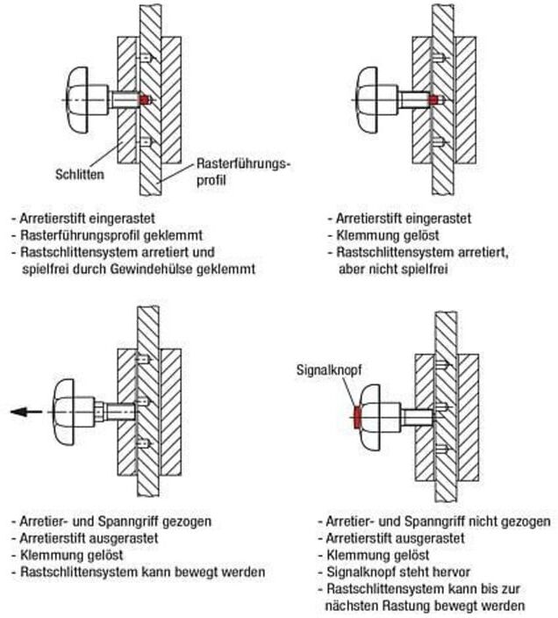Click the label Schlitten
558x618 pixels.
(80, 175)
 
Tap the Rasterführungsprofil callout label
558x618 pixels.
(242, 172)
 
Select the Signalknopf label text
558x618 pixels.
(328, 370)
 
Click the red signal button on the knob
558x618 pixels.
(357, 418)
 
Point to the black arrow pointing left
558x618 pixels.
(26, 412)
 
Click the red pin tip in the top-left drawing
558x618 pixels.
(145, 99)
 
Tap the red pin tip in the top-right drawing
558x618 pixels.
(433, 100)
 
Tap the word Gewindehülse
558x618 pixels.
(151, 269)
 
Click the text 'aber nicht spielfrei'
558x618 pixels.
(393, 269)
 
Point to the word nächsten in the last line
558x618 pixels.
(352, 606)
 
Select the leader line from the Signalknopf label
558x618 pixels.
(350, 393)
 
